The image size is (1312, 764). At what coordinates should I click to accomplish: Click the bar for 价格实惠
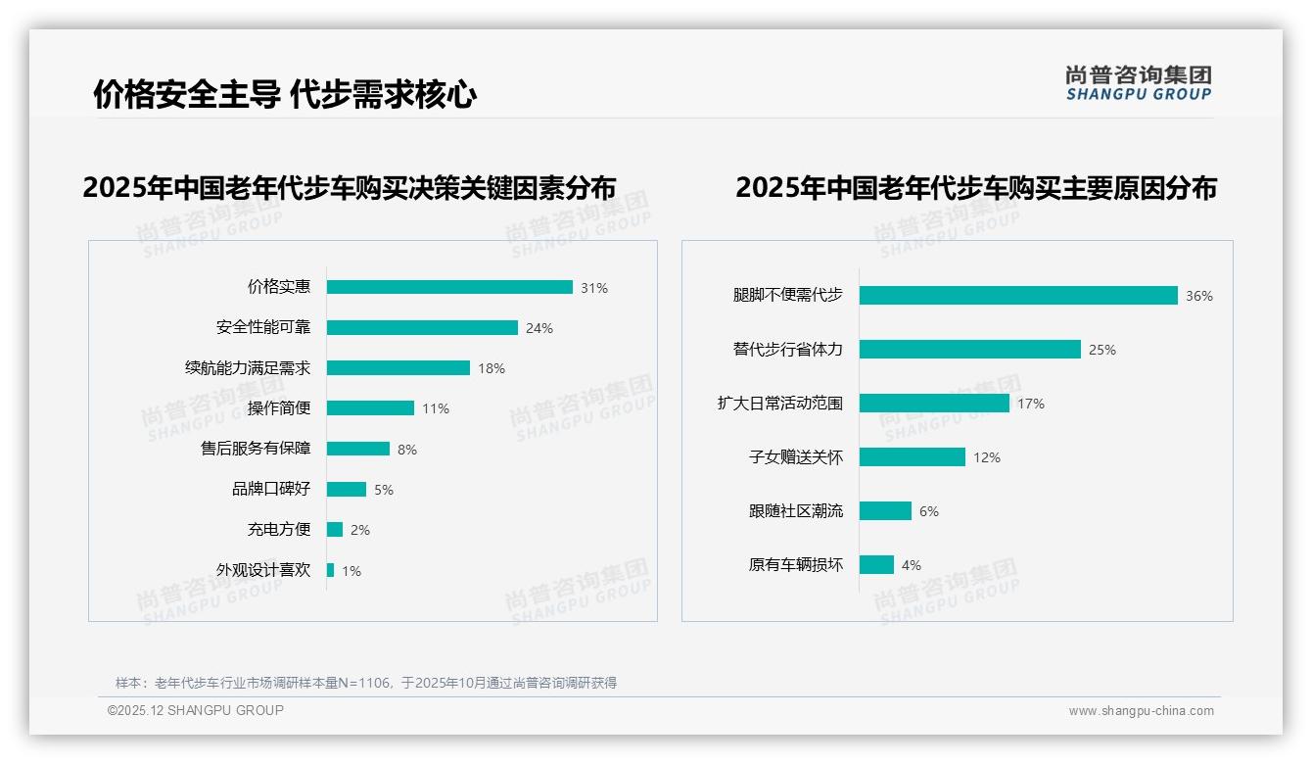pyautogui.click(x=449, y=287)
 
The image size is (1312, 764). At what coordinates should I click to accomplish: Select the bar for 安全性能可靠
pyautogui.click(x=422, y=328)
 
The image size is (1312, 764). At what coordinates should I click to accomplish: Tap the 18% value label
pyautogui.click(x=492, y=368)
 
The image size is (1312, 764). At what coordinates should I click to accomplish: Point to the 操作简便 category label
pyautogui.click(x=279, y=408)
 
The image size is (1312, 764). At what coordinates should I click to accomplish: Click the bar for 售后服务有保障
pyautogui.click(x=358, y=449)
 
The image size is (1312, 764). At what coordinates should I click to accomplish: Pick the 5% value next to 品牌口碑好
pyautogui.click(x=384, y=490)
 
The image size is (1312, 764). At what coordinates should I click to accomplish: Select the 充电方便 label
pyautogui.click(x=279, y=530)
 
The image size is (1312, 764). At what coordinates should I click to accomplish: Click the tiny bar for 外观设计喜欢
pyautogui.click(x=331, y=570)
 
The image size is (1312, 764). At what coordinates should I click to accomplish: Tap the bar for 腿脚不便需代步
pyautogui.click(x=1018, y=295)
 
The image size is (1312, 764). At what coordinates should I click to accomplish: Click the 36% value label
pyautogui.click(x=1199, y=296)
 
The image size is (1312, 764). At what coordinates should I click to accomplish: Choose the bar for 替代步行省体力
pyautogui.click(x=970, y=350)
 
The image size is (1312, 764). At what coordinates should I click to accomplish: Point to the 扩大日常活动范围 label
pyautogui.click(x=780, y=404)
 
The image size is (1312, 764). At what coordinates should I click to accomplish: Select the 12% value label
pyautogui.click(x=987, y=457)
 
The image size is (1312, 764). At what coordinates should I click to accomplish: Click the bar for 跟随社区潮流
pyautogui.click(x=885, y=511)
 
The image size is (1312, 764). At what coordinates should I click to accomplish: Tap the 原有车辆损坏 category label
pyautogui.click(x=796, y=565)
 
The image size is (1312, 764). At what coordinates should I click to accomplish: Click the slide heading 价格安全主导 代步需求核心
pyautogui.click(x=285, y=95)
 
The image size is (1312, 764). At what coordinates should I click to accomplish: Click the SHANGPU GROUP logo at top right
pyautogui.click(x=1139, y=83)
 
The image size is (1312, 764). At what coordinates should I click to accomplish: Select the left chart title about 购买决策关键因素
pyautogui.click(x=350, y=187)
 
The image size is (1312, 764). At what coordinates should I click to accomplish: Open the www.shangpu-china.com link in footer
pyautogui.click(x=1141, y=711)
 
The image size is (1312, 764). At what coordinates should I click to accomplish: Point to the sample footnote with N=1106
pyautogui.click(x=366, y=683)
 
